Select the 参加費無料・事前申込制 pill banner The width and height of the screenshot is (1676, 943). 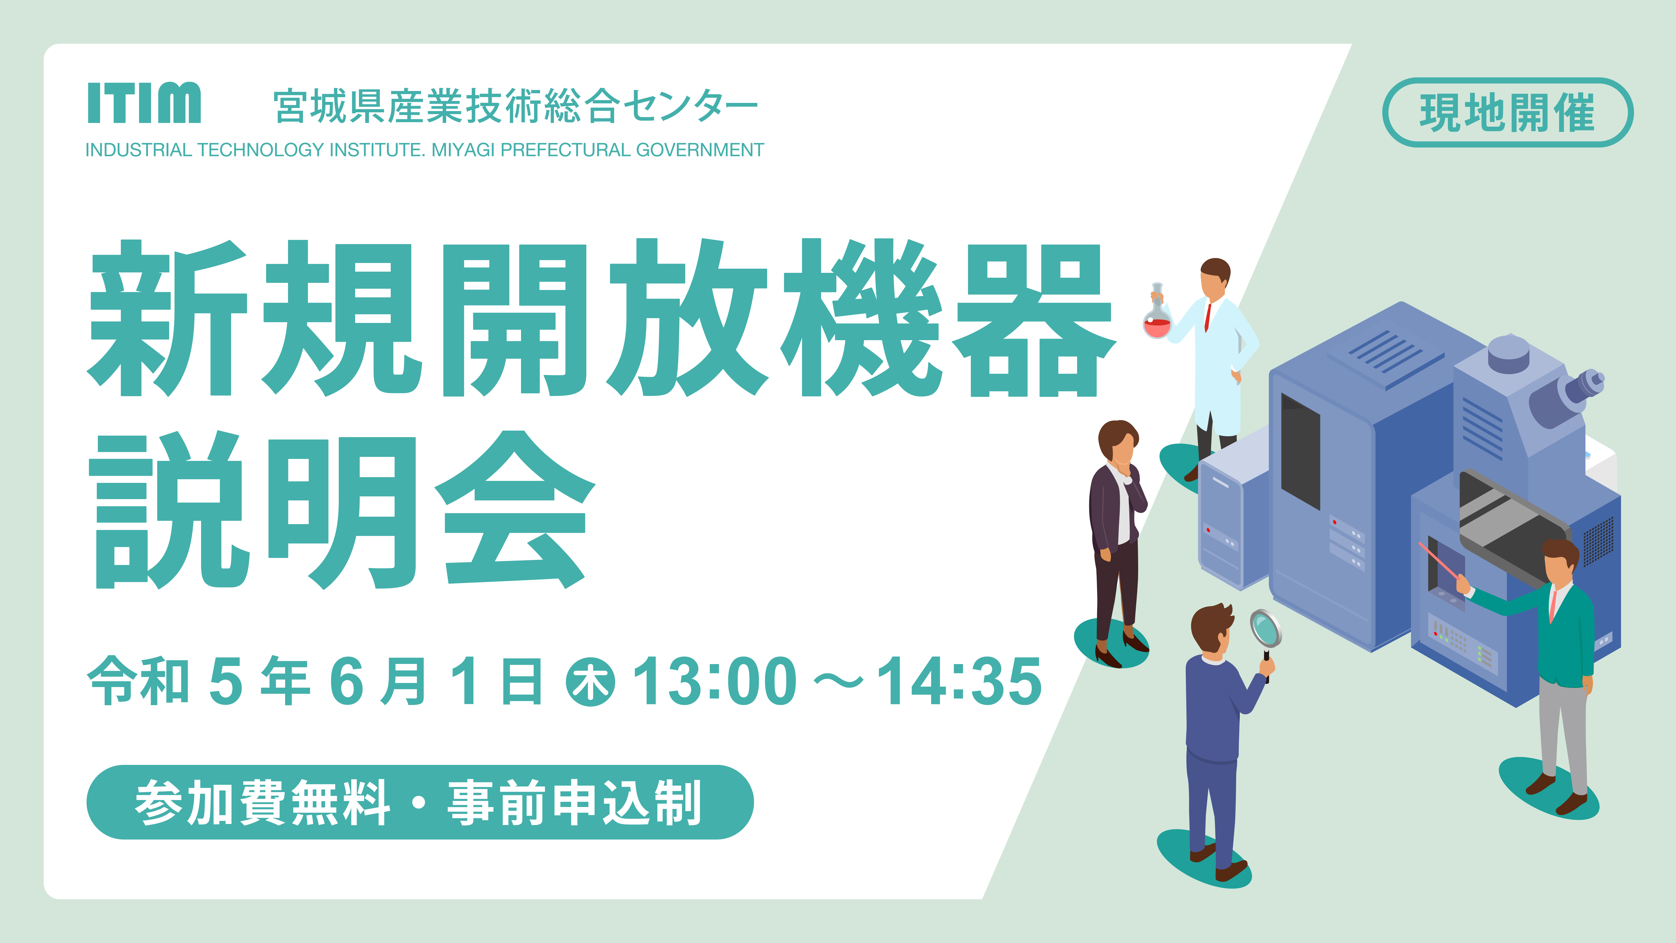pyautogui.click(x=420, y=802)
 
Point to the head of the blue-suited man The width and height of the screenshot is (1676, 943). pyautogui.click(x=1212, y=630)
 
